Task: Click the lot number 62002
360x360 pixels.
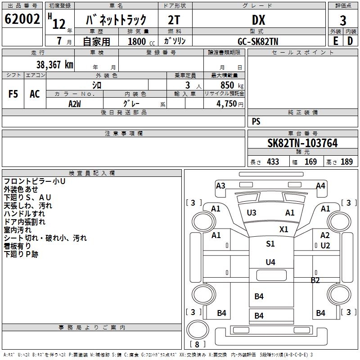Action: click(22, 20)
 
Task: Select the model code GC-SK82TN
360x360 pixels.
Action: click(259, 41)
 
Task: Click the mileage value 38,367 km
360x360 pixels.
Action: click(55, 64)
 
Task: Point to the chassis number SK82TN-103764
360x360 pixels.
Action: click(302, 143)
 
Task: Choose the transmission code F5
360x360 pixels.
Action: click(13, 94)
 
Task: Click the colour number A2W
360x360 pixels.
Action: click(75, 103)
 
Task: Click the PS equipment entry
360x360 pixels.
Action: click(256, 121)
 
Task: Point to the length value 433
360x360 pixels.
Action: click(273, 162)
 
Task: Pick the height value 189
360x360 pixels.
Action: click(347, 162)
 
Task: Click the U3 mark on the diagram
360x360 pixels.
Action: click(252, 213)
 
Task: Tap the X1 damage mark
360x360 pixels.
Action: click(283, 229)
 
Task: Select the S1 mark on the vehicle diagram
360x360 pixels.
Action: click(270, 244)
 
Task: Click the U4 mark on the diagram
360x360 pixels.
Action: click(270, 262)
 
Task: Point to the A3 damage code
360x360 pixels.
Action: click(220, 185)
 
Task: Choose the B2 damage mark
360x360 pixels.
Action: click(315, 280)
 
